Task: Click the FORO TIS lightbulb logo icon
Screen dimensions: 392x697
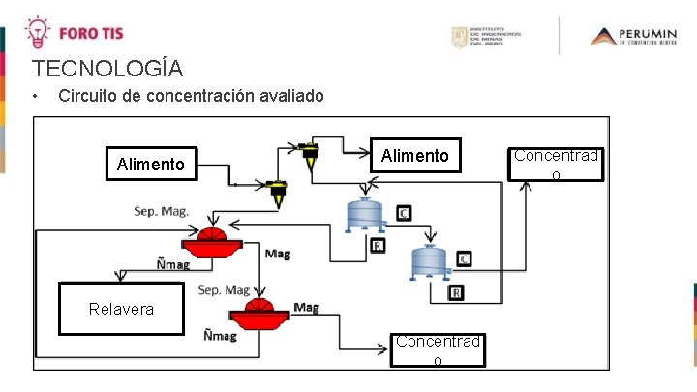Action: tap(37, 31)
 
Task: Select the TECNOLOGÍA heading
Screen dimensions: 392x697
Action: tap(106, 69)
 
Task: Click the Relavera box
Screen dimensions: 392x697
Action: tap(121, 309)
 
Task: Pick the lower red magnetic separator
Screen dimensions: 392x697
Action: tap(259, 312)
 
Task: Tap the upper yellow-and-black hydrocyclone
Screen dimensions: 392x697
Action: tap(309, 154)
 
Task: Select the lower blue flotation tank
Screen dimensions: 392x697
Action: tap(427, 260)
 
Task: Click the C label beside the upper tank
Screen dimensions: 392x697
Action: tap(404, 213)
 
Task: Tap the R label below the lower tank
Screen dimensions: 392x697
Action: tap(456, 293)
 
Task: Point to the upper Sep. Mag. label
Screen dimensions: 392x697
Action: tap(161, 210)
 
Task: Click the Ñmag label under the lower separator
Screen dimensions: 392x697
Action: tap(220, 336)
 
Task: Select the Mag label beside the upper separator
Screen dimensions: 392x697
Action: tap(277, 255)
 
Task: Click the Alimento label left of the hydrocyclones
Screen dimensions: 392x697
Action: tap(150, 165)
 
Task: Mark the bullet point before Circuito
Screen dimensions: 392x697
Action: tap(35, 97)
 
